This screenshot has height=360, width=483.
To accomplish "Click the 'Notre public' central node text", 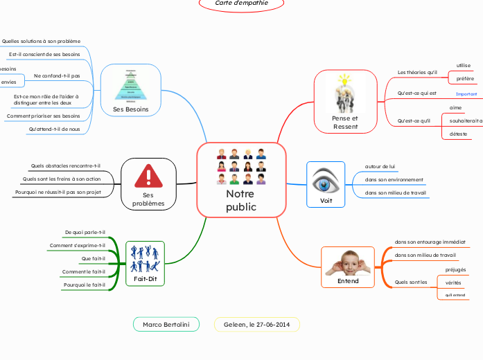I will click(240, 200).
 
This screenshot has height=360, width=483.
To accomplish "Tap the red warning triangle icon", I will click(148, 176).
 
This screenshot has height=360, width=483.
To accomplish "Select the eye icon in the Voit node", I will click(325, 183).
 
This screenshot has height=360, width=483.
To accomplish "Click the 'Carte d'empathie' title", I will click(242, 3).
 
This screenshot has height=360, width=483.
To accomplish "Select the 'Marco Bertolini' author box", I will click(166, 324).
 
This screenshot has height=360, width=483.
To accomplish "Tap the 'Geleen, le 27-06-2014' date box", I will click(257, 324).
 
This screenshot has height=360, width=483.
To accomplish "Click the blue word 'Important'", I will click(466, 93).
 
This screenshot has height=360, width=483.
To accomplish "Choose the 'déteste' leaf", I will click(457, 133).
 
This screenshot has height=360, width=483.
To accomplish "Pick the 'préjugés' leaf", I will click(455, 269).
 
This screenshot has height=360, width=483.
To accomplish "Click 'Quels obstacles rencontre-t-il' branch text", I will click(66, 165).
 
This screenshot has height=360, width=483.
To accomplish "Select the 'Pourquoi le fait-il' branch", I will click(84, 285).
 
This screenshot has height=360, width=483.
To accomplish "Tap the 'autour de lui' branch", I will click(380, 166).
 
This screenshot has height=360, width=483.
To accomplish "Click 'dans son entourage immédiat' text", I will click(430, 242).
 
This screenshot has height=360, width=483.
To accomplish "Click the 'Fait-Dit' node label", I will click(146, 278).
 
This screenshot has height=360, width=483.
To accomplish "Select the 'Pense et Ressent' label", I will click(344, 122).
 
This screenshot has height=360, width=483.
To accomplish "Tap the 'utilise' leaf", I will click(463, 66).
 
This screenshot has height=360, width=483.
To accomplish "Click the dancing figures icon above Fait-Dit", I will click(146, 259).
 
